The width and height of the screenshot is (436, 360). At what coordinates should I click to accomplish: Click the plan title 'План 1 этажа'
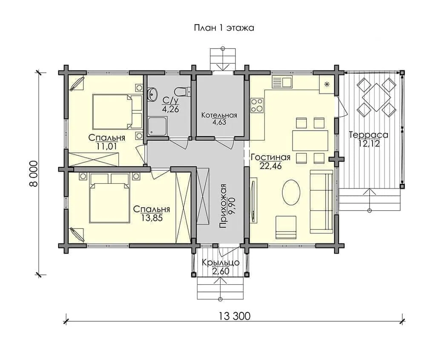tap(224, 28)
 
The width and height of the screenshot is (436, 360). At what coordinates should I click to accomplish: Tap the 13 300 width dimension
tap(235, 316)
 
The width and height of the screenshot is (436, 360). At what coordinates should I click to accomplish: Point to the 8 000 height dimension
tap(33, 174)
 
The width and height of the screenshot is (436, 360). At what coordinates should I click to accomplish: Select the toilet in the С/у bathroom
tap(182, 91)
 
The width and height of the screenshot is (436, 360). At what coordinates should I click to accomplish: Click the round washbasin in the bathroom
tap(152, 94)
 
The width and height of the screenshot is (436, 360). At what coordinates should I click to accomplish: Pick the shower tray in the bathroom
tap(158, 126)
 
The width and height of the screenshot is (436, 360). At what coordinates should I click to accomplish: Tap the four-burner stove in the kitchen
tap(257, 105)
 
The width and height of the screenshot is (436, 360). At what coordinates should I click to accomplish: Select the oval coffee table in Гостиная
tap(291, 192)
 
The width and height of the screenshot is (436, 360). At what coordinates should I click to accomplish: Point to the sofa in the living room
tap(321, 202)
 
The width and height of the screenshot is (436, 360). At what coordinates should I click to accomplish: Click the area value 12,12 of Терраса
tap(369, 144)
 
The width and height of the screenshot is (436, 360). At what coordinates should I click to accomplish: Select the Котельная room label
tap(219, 115)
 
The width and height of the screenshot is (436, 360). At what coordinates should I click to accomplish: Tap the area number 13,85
tap(152, 218)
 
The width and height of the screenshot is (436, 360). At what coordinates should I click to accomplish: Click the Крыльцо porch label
tap(221, 263)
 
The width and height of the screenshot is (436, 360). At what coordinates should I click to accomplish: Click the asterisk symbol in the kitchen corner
tap(327, 84)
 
